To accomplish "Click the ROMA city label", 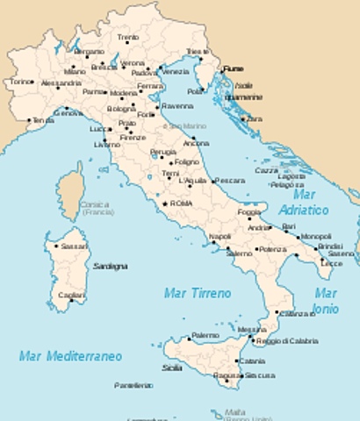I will tap(181, 203).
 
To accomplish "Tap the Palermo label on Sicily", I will tap(205, 335).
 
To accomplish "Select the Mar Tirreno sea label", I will tap(198, 293).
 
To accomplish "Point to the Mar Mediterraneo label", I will tap(70, 355).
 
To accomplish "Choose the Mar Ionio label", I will tap(326, 301).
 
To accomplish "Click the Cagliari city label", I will tap(72, 296).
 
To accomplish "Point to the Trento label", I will tap(128, 38).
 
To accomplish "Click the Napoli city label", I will tap(220, 237).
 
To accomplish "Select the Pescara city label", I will tap(229, 180).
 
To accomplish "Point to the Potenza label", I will tap(271, 250).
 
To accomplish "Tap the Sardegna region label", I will tap(111, 265).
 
